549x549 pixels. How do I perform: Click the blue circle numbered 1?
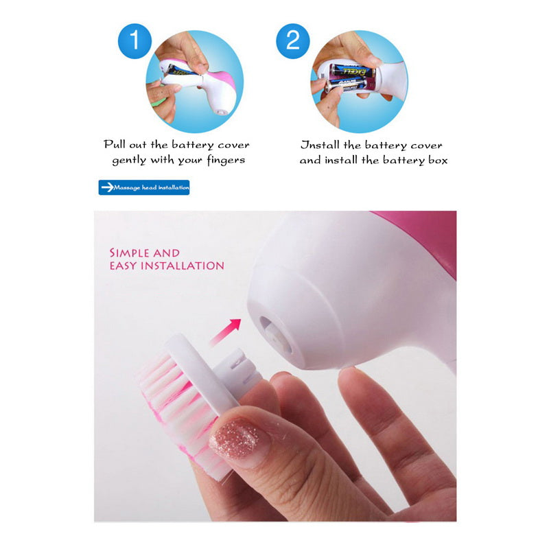pyautogui.click(x=135, y=40)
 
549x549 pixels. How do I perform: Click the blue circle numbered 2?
pyautogui.click(x=293, y=40)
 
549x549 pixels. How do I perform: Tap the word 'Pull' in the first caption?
pyautogui.click(x=116, y=145)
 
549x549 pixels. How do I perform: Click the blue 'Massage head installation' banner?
pyautogui.click(x=143, y=187)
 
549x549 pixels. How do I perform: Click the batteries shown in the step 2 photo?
pyautogui.click(x=351, y=78)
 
